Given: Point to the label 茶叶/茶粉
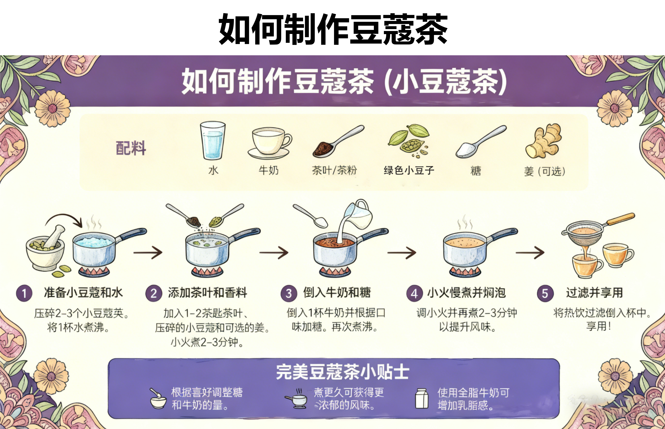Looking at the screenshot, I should point(334,170).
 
